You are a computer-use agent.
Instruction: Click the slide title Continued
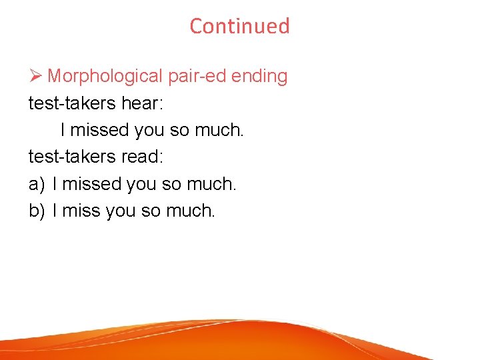pos(239,26)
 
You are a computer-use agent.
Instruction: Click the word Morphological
pos(105,77)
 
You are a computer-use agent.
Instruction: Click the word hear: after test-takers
pos(144,103)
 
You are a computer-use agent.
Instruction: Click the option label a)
pos(37,184)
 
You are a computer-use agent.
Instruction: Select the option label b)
pos(37,211)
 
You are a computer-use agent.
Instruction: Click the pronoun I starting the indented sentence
pos(63,130)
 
